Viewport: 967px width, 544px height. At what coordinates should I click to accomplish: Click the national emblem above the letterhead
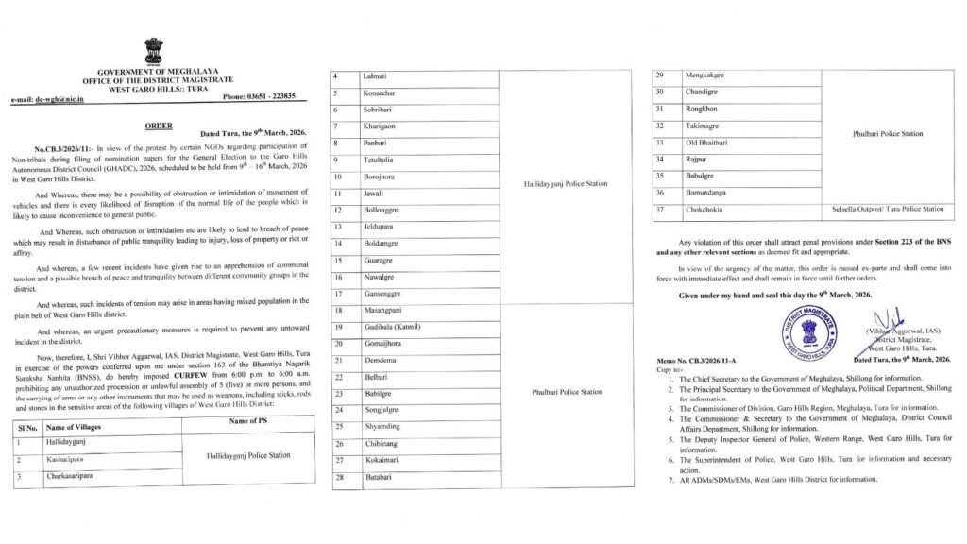tap(153, 51)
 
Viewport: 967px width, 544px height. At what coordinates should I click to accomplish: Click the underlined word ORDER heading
tap(159, 125)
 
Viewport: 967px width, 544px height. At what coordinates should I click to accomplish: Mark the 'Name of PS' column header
tap(251, 419)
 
